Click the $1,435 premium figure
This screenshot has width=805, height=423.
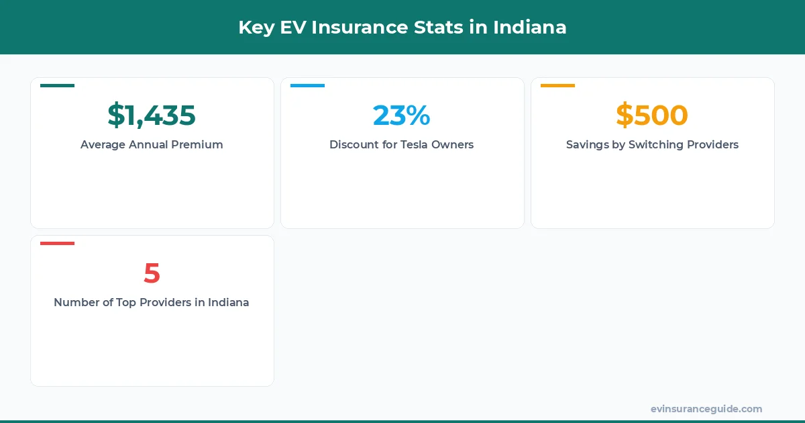pos(152,115)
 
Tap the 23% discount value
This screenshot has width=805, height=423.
pos(401,115)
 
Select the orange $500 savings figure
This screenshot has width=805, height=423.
pos(652,115)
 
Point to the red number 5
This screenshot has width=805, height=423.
pos(152,273)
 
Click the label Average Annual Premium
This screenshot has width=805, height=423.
pos(152,144)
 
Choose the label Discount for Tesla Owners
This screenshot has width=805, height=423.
pos(401,144)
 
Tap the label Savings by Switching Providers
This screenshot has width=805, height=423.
pos(652,144)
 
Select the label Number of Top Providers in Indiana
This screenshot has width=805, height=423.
pos(152,302)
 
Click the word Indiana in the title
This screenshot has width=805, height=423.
pos(530,28)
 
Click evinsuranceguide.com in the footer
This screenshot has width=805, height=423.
pos(706,409)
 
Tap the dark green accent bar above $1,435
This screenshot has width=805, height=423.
pos(57,85)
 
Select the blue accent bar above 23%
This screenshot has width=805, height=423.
pos(307,85)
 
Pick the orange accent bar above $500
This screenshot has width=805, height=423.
pos(557,85)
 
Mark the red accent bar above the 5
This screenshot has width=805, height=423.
pos(57,243)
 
